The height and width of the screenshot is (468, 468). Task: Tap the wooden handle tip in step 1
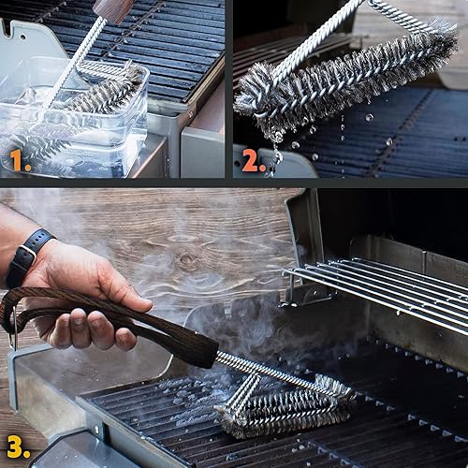[x=112, y=9]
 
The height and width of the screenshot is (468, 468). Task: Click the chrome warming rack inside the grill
[x=384, y=290]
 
